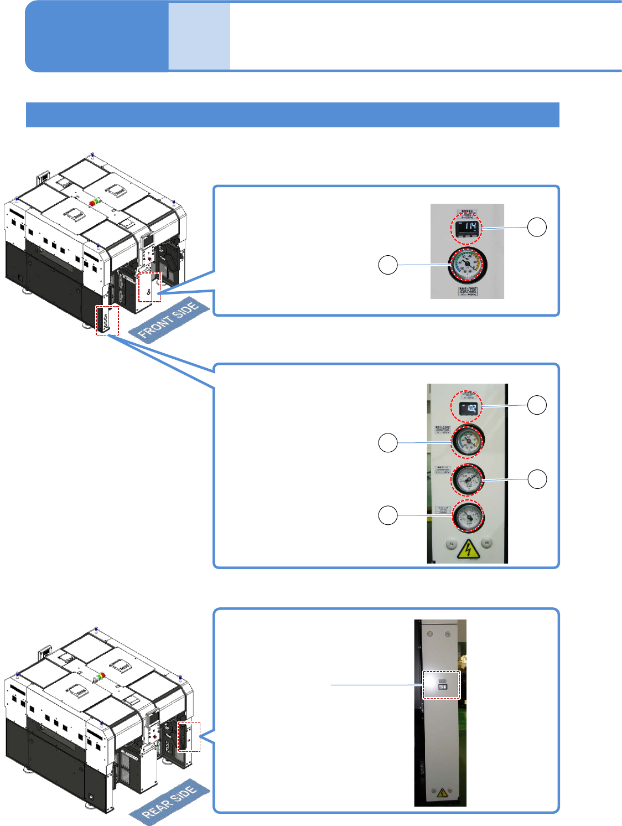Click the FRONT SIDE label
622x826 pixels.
tap(169, 321)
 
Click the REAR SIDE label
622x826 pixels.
tap(170, 802)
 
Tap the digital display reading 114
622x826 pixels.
tap(467, 227)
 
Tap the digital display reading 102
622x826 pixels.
tap(467, 409)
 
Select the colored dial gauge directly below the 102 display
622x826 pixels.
tap(468, 441)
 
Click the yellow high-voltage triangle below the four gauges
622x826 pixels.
tap(469, 549)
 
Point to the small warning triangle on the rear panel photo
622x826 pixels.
tap(442, 793)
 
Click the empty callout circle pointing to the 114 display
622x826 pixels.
tap(537, 227)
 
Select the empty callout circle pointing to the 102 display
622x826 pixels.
tap(537, 405)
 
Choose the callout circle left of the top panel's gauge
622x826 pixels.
tap(388, 265)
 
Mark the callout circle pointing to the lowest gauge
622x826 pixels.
tap(388, 515)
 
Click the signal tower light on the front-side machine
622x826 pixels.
tap(95, 202)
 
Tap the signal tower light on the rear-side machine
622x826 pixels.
tap(100, 677)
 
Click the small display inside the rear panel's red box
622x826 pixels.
tap(442, 686)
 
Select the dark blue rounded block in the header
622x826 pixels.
tap(97, 37)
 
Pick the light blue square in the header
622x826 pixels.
tap(199, 37)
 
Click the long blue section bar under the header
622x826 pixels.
tap(292, 115)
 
